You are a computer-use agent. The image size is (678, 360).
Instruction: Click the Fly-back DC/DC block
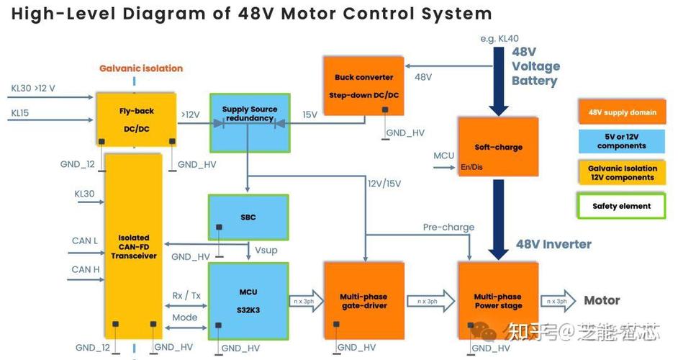[137, 119]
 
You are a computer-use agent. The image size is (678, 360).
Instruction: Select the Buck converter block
[363, 86]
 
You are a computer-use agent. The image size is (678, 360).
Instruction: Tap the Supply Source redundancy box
[249, 120]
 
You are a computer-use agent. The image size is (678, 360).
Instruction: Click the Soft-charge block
[497, 147]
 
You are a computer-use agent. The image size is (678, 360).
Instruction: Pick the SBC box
[248, 217]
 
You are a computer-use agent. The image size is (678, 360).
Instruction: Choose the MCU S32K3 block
[248, 300]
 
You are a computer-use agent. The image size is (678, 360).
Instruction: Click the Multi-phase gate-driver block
[363, 300]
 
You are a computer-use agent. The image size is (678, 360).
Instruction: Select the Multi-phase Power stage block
[498, 300]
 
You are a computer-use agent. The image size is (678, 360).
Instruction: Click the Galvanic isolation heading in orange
[141, 68]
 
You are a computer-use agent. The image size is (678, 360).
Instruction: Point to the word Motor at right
[602, 300]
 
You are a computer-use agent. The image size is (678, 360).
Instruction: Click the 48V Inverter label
[553, 244]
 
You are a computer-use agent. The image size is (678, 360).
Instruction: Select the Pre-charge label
[448, 227]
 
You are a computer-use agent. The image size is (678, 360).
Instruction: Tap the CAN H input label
[86, 269]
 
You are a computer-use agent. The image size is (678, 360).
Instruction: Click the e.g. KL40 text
[499, 37]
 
